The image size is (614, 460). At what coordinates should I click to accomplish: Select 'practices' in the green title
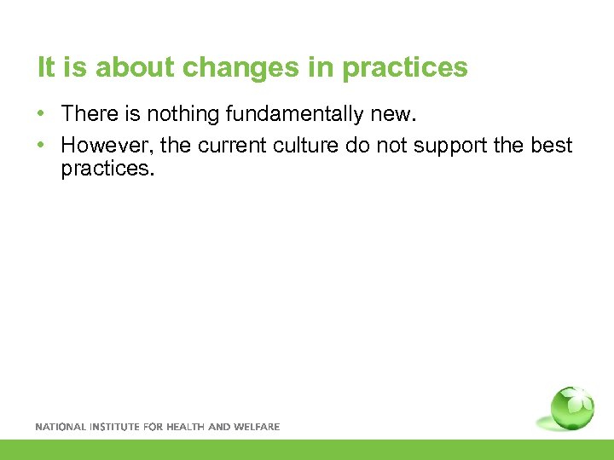(405, 68)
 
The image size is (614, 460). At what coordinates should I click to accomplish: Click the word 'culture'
(304, 146)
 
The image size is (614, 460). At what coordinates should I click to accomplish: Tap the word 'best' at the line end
(553, 146)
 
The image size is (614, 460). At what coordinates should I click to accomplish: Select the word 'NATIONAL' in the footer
(60, 427)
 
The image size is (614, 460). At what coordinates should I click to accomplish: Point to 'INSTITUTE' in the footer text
(115, 427)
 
